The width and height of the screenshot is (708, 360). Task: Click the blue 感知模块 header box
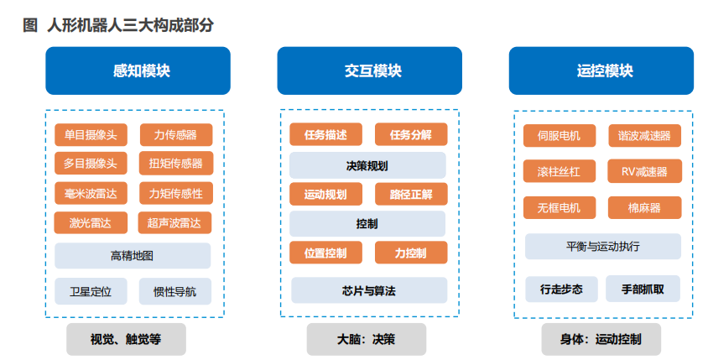pos(138,70)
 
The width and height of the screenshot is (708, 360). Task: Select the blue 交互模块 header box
pos(369,70)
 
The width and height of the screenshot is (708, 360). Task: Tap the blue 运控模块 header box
pos(601,70)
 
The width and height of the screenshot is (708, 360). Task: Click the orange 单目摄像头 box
pos(91,134)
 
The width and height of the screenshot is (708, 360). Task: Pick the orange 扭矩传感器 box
pos(176,163)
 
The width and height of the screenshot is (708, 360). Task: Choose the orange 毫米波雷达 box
pos(91,193)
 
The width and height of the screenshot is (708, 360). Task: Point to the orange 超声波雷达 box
pos(174,222)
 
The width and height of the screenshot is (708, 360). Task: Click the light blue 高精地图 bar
pos(133,256)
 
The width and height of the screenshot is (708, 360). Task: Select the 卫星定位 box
pos(91,291)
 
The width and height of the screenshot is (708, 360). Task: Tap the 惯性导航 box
pos(175,291)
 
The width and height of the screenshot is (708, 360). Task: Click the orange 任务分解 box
pos(411,134)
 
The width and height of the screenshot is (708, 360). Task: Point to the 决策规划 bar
pos(367,165)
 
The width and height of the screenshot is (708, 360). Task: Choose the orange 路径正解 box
pos(411,194)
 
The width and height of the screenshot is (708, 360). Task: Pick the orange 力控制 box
pos(411,253)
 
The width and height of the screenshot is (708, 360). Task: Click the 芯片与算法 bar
pos(369,290)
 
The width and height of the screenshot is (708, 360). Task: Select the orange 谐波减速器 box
pos(645,135)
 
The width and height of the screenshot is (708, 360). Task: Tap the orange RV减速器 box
pos(645,171)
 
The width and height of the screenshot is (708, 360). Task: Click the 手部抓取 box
pos(643,289)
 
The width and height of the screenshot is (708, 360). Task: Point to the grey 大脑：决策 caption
pos(367,339)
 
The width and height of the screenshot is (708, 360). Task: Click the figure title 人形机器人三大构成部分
pos(131,25)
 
